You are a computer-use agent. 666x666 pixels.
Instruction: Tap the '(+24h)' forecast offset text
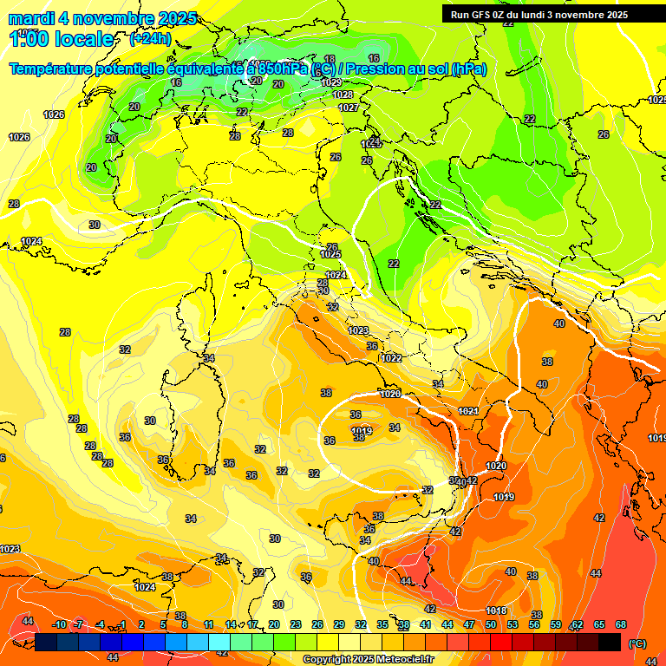pos(150,39)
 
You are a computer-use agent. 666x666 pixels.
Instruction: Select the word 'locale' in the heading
pos(82,39)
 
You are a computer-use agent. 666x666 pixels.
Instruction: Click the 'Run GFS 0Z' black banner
pos(539,15)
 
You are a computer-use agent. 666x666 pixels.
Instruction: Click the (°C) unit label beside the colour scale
pos(637,643)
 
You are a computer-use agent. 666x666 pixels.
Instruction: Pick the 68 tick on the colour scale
pos(621,624)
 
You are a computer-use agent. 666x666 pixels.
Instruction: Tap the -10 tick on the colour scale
pos(59,624)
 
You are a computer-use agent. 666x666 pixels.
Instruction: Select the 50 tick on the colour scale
pos(491,624)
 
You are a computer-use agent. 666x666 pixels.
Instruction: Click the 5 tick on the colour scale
pos(163,624)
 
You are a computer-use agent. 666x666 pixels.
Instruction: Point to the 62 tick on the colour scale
pos(578,624)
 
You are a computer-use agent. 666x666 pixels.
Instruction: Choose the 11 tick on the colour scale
pos(208,624)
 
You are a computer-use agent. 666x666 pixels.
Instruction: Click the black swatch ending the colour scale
pos(610,642)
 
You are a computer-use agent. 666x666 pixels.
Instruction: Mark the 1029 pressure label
pos(331,82)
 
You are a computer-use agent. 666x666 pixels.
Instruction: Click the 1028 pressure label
pos(343,95)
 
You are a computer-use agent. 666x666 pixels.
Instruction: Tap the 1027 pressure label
pos(349,108)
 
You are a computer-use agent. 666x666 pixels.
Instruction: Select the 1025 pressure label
pos(330,254)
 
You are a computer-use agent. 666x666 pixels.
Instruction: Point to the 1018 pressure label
pos(496,610)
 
